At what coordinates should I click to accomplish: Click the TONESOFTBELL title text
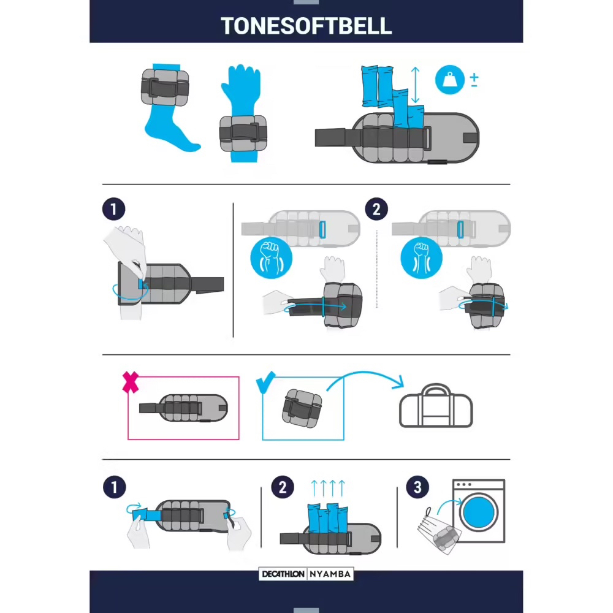(x=306, y=26)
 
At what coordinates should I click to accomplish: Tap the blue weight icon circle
(x=449, y=80)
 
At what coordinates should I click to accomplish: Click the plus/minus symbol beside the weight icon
(x=474, y=80)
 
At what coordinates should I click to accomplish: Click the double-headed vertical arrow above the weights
(x=415, y=85)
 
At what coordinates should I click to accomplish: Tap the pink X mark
(x=130, y=382)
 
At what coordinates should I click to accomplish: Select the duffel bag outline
(x=436, y=406)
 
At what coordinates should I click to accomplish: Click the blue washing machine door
(x=479, y=512)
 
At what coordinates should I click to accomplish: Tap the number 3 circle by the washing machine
(x=417, y=487)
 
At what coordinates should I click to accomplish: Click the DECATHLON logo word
(x=283, y=574)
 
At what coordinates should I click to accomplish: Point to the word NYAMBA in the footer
(x=330, y=574)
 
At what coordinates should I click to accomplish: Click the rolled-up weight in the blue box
(x=302, y=408)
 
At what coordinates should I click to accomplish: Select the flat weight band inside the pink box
(x=183, y=408)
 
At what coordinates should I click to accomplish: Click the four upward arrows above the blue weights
(x=327, y=488)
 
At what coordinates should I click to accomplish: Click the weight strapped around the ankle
(x=164, y=87)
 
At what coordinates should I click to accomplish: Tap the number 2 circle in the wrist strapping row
(x=376, y=209)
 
